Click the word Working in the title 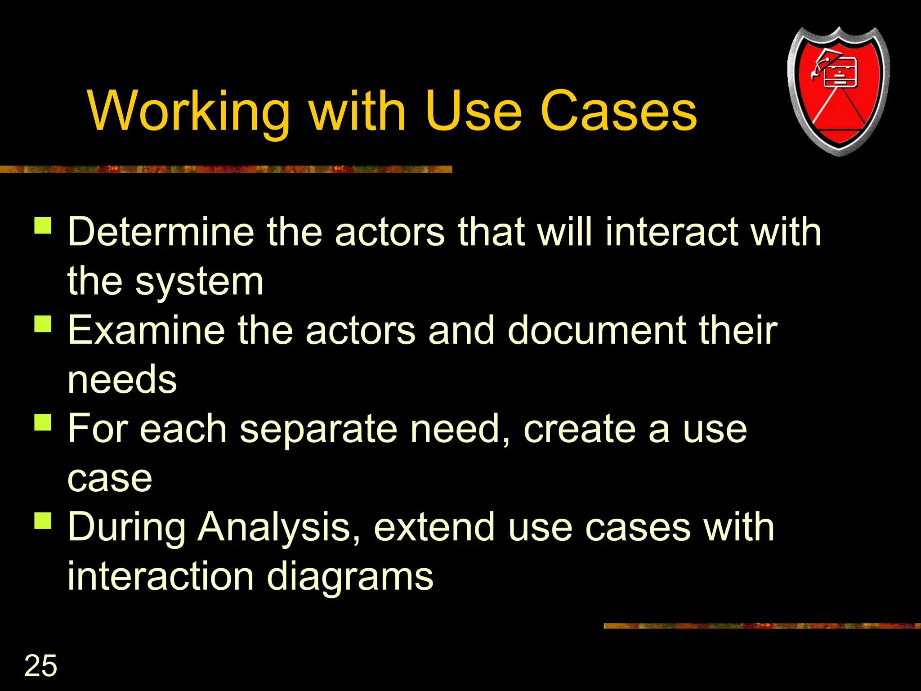point(189,112)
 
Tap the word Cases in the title point(618,112)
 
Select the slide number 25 point(40,666)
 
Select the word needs point(122,380)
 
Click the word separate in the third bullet point(318,429)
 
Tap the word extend point(434,527)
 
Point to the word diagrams point(350,577)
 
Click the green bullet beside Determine point(43,226)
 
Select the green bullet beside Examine point(43,324)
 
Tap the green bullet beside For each point(43,422)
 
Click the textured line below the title point(225,169)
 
